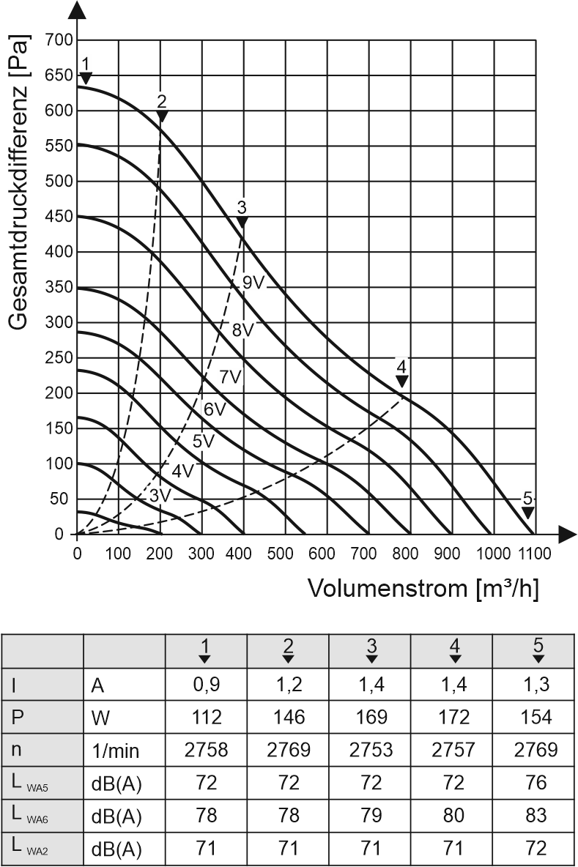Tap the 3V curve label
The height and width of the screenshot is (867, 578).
160,496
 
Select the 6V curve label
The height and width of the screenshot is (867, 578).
213,409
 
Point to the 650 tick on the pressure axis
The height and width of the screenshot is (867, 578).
59,75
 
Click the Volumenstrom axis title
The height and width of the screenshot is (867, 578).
423,588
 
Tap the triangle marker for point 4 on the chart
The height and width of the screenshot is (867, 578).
401,381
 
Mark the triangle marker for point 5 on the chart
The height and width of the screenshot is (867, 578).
527,512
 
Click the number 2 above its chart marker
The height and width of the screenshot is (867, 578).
162,102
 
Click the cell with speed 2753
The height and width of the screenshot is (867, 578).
371,750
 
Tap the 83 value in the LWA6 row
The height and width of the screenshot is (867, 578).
536,816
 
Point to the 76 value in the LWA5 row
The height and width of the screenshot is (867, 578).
536,783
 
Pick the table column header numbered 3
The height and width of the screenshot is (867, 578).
371,650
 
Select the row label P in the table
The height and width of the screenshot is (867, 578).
16,718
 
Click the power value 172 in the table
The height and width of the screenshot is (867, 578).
453,718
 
